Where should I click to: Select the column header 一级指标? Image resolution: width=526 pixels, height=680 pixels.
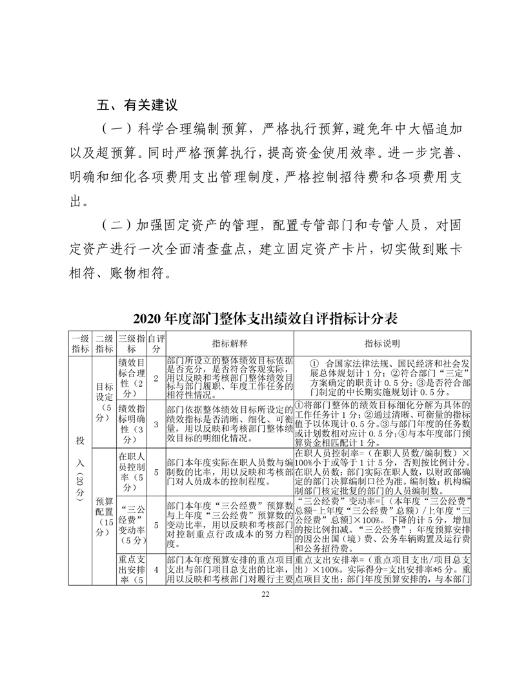click(80, 344)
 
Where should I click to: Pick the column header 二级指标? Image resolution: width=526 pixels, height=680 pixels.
click(104, 344)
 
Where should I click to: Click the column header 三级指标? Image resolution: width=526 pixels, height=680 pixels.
click(131, 344)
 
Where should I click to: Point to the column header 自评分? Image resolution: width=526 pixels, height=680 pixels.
click(156, 344)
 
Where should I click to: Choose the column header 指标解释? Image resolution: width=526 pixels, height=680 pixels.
click(230, 344)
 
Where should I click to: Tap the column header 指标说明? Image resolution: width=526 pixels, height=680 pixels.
click(383, 344)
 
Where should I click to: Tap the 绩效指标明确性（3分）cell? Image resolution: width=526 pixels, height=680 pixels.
click(131, 423)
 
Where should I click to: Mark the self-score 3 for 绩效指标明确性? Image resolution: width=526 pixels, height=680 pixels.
click(156, 423)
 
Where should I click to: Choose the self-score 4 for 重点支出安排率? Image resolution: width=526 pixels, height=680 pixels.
click(156, 570)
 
